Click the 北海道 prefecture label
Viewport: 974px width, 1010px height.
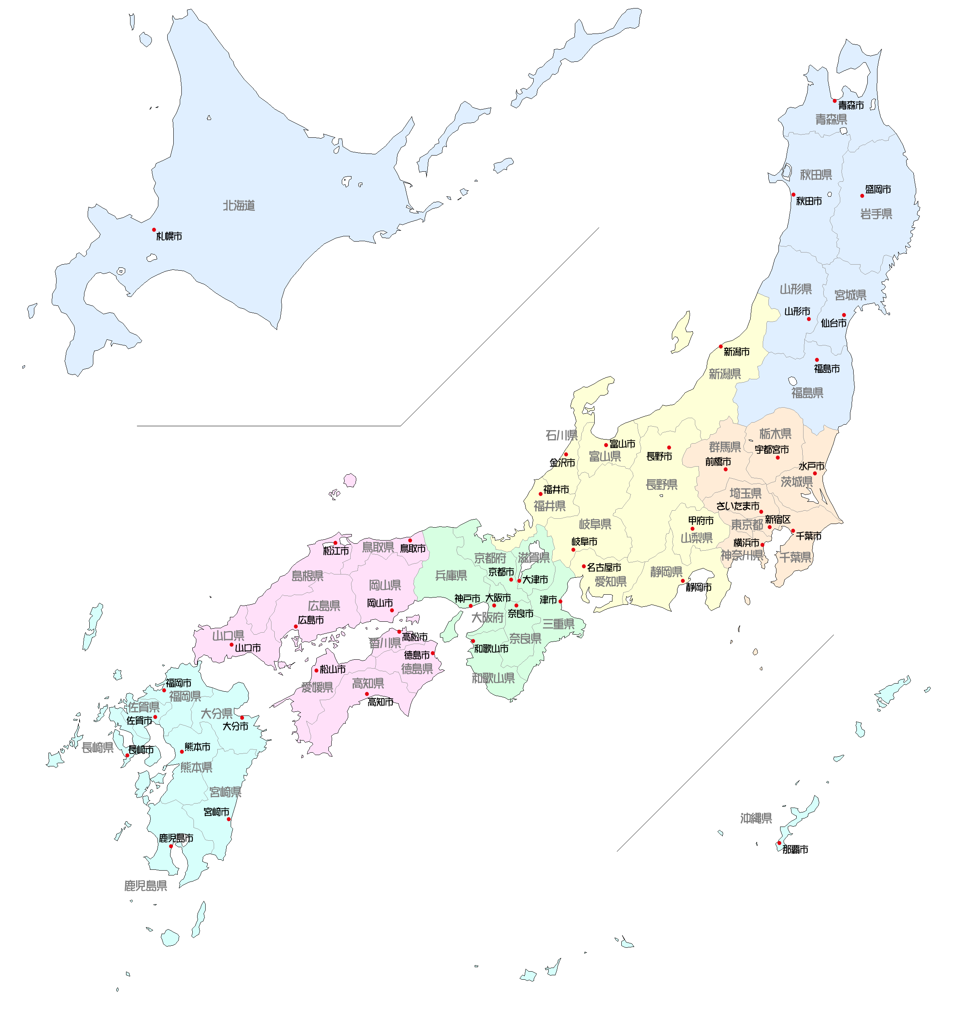[239, 206]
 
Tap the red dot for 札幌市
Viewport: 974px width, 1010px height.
[154, 230]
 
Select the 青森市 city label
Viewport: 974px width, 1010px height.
[850, 105]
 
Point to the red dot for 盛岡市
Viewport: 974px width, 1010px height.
[862, 196]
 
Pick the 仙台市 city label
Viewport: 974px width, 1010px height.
[833, 324]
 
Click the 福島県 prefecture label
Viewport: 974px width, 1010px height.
[807, 393]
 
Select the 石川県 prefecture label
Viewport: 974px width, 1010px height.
[561, 436]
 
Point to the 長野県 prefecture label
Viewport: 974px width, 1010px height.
[661, 485]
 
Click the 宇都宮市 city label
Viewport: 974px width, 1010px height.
[772, 450]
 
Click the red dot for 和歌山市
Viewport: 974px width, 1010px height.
[473, 641]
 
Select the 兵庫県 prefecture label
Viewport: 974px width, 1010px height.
[450, 576]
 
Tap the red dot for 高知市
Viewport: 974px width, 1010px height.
[366, 694]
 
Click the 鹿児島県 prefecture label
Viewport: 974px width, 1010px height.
[145, 886]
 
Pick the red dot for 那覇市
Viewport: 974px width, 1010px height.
[779, 843]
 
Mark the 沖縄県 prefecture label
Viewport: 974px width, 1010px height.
[755, 819]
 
